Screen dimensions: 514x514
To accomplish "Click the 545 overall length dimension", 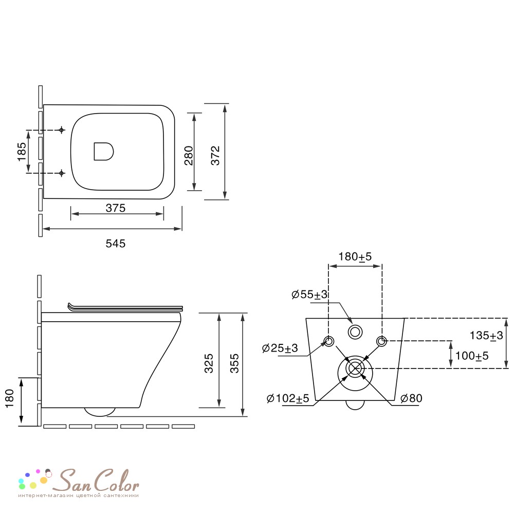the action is click(115, 243).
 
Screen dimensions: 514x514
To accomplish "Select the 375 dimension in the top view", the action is click(115, 208).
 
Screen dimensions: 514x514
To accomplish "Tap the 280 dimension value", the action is click(189, 155).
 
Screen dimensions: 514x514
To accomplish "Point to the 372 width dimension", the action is click(215, 155).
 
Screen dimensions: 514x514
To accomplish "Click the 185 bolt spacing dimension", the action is click(22, 152).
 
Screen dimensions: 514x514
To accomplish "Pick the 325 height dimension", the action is click(209, 363).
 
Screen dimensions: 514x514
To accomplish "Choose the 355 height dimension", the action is click(234, 363).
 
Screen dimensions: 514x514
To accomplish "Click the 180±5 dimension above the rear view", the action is click(355, 256).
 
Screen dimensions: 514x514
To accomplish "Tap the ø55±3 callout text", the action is click(309, 295).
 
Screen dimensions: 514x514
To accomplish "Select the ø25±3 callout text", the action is click(280, 348).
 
